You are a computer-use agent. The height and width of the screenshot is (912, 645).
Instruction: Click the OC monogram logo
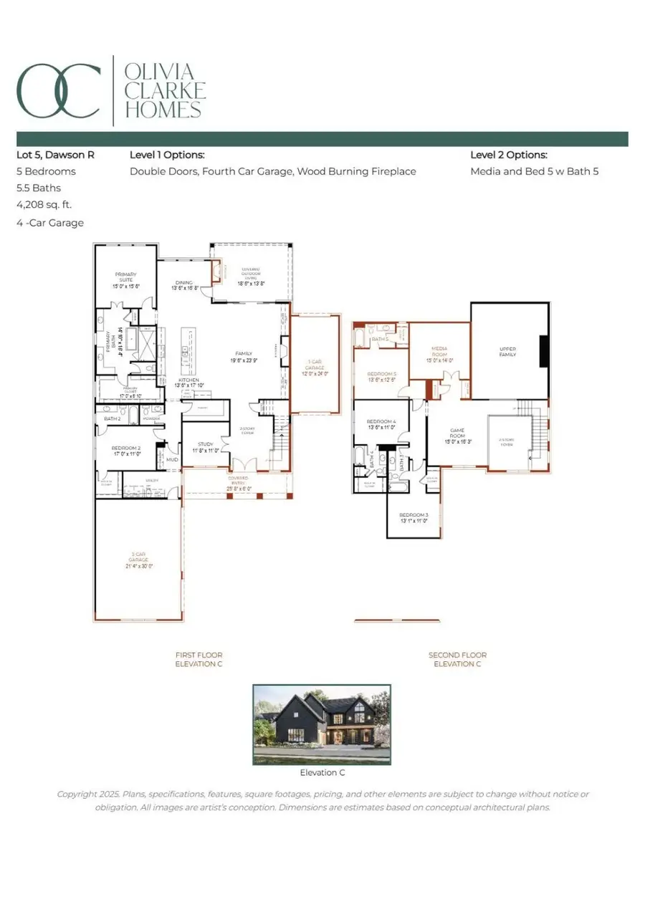click(x=59, y=90)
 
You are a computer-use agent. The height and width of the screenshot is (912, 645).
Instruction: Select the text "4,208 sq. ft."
click(x=44, y=205)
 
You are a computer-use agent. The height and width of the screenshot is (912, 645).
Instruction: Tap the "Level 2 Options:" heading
click(x=509, y=155)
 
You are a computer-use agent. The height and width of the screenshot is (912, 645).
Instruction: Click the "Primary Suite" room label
click(x=125, y=279)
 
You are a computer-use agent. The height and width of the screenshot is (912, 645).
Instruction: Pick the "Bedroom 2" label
click(x=126, y=450)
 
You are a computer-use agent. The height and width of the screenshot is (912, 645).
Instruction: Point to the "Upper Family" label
click(x=507, y=352)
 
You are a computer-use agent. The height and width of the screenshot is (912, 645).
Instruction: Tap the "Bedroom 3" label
click(x=413, y=518)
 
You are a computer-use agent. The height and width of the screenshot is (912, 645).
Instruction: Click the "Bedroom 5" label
click(x=381, y=377)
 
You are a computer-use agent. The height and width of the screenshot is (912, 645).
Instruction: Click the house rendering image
click(x=322, y=724)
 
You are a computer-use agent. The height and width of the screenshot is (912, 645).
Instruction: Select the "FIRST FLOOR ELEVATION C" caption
click(x=199, y=659)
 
